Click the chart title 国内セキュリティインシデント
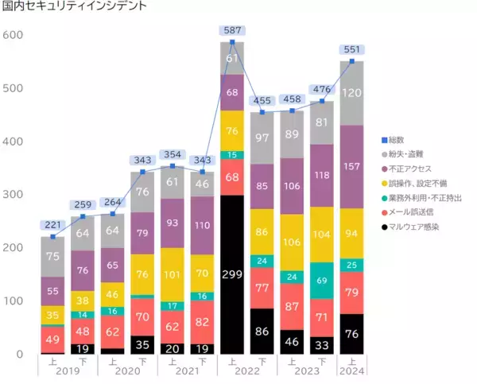coord(63,7)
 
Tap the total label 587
coord(232,32)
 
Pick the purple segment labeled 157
coord(352,167)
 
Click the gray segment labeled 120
coord(352,93)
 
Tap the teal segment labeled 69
coord(322,281)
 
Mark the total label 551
coord(352,49)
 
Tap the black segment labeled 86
coord(262,330)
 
